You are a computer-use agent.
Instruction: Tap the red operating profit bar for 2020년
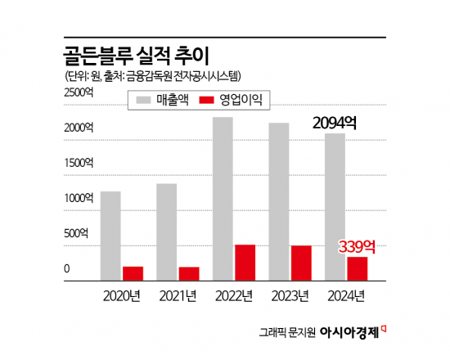point(133,273)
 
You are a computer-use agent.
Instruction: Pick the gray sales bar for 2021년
point(167,232)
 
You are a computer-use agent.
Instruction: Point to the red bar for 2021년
point(189,273)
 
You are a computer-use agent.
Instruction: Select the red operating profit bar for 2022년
point(245,263)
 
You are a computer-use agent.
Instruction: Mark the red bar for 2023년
point(300,263)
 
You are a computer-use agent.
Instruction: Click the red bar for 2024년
point(357,268)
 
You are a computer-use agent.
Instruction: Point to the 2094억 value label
point(335,123)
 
